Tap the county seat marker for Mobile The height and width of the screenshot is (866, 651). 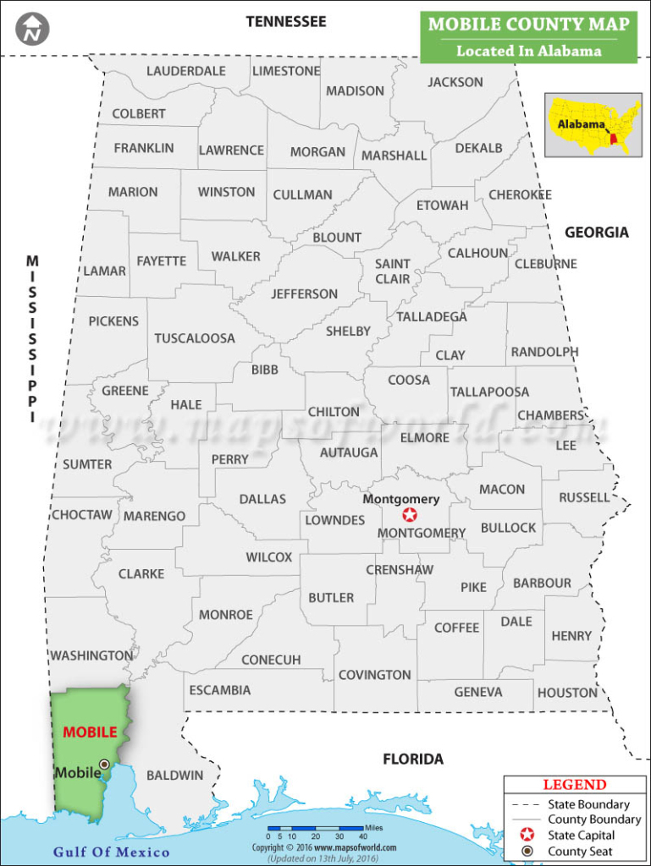104,764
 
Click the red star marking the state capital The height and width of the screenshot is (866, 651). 410,515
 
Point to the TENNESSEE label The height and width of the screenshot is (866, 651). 285,22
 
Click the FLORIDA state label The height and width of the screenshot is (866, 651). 413,759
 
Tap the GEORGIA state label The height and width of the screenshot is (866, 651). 597,232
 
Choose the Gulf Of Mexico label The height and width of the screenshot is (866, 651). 112,852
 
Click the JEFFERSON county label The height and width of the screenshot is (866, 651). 304,294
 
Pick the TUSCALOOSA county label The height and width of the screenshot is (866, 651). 195,338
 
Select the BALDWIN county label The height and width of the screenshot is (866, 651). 175,775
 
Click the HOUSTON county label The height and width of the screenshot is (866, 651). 567,693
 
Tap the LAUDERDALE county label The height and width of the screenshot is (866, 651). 186,71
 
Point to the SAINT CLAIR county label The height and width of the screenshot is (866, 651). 392,271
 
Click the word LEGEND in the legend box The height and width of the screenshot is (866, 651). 575,785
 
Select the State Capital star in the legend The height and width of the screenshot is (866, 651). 527,835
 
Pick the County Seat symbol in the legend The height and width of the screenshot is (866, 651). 527,851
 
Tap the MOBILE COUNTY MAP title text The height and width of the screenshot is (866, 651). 528,24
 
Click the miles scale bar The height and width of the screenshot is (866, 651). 315,829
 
